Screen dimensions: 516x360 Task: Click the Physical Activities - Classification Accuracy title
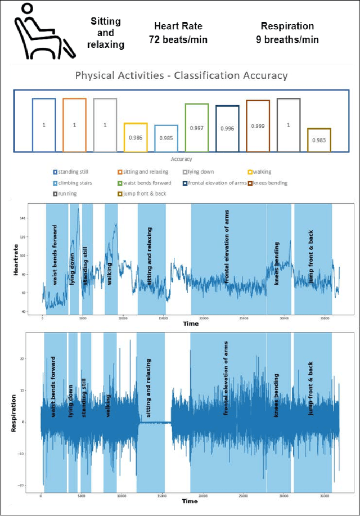[x=181, y=75]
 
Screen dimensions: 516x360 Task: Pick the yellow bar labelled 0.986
[x=136, y=137]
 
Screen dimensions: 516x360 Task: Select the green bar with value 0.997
[x=196, y=128]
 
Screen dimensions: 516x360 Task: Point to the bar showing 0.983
[x=319, y=140]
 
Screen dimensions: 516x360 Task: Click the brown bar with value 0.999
[x=258, y=126]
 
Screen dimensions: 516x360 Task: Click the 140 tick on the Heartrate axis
[x=38, y=218]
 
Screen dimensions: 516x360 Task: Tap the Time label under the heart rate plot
[x=190, y=324]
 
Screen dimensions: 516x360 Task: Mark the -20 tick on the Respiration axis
[x=35, y=485]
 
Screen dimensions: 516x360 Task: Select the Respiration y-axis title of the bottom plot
[x=13, y=412]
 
